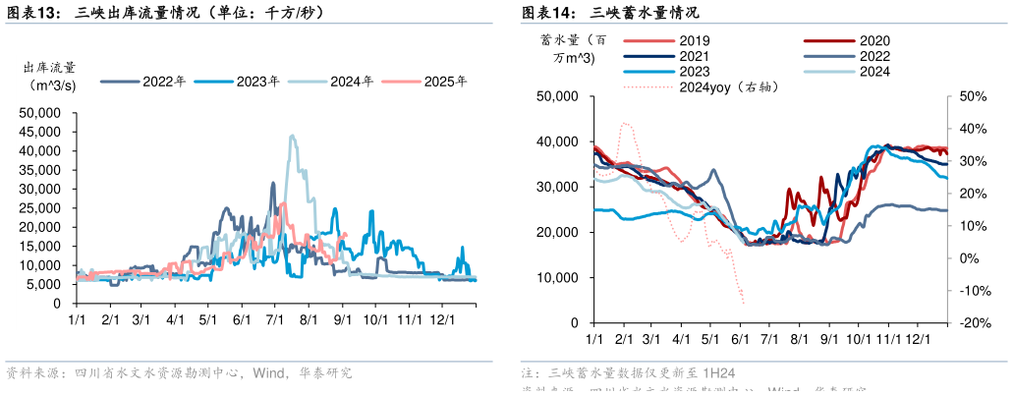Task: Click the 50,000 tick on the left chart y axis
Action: click(40, 113)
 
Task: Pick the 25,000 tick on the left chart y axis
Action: click(40, 208)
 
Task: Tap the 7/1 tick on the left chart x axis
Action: click(275, 320)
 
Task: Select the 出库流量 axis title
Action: click(50, 68)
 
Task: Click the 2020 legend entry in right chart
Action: click(873, 41)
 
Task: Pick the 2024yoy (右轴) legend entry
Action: click(728, 86)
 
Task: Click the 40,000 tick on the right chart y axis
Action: click(561, 141)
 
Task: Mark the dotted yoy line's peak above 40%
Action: click(623, 124)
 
